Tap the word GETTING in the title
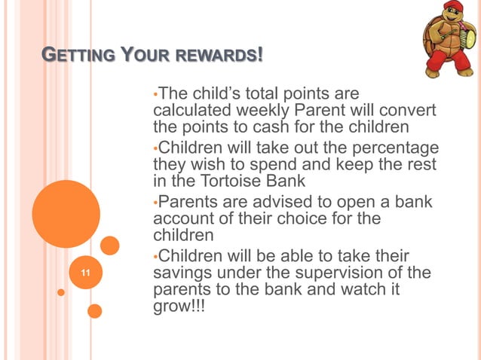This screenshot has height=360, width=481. [74, 56]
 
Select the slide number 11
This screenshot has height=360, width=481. [84, 273]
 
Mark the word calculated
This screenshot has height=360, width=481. [185, 111]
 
